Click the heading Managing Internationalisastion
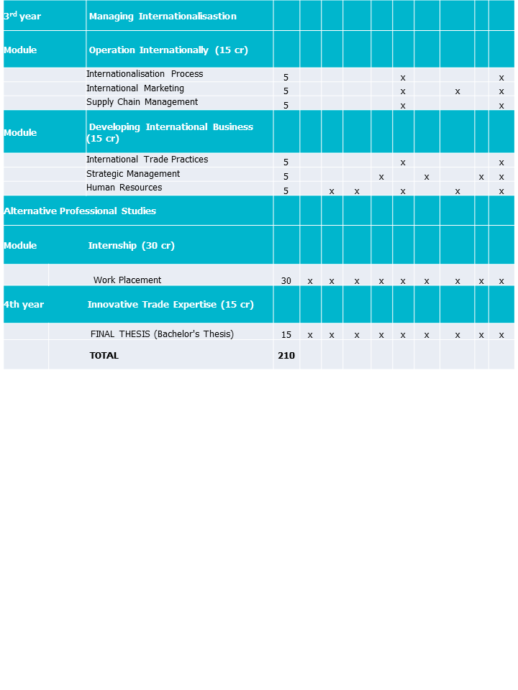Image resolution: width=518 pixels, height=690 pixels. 163,16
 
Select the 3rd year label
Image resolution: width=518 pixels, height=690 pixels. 22,16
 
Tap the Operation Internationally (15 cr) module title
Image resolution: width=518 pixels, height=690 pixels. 168,50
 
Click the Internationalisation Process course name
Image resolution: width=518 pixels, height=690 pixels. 145,74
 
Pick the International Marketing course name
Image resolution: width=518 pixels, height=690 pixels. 135,88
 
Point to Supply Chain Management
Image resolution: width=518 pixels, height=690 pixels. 142,102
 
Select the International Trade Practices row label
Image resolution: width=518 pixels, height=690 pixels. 147,160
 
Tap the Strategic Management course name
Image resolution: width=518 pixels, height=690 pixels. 133,174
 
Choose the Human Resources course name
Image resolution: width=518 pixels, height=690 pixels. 124,188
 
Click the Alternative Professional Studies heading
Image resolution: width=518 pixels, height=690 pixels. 80,211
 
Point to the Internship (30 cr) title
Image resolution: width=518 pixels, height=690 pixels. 131,246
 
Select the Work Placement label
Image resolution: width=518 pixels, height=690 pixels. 127,280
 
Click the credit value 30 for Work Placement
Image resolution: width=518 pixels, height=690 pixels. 286,281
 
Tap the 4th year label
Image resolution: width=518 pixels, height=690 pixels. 24,305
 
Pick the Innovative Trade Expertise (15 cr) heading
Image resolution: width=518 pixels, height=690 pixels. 171,305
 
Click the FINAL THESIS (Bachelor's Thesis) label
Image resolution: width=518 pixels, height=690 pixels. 162,334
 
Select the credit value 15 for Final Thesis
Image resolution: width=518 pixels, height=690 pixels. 286,335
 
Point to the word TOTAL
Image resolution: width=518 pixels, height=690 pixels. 104,356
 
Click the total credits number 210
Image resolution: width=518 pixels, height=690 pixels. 286,356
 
